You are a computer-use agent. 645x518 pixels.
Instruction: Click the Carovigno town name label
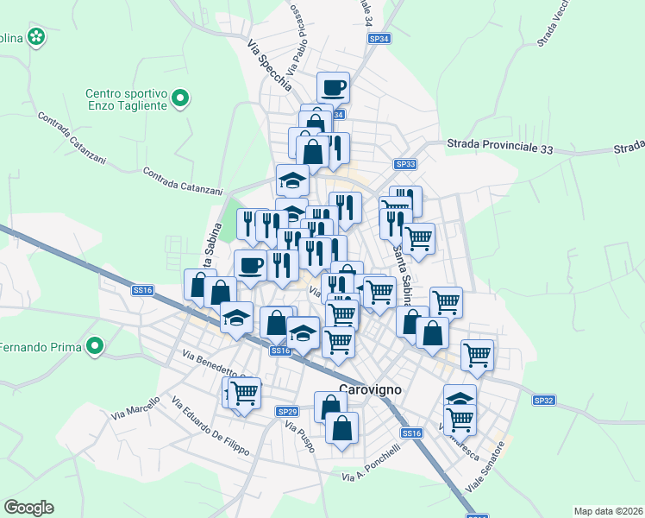371,389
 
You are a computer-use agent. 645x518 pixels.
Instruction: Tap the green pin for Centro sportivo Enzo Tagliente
180,99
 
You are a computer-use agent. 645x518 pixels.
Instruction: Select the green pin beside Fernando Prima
95,348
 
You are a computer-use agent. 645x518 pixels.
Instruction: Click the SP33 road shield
405,164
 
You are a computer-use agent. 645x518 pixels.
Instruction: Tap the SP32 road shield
543,400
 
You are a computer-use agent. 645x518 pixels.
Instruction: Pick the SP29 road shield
287,411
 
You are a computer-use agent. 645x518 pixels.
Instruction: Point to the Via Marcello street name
136,408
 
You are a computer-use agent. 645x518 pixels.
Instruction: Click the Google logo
28,508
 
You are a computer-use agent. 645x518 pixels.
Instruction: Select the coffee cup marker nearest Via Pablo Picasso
333,86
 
